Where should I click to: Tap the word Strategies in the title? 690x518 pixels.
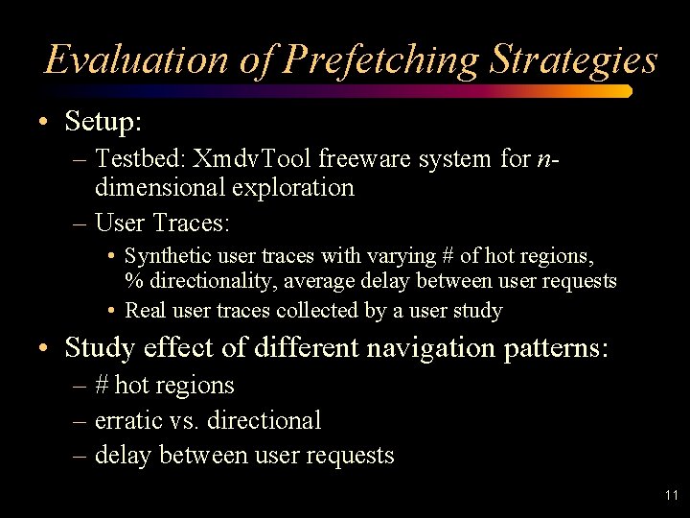point(573,60)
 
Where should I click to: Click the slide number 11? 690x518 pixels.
point(670,496)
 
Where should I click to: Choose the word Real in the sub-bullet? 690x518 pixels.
point(146,311)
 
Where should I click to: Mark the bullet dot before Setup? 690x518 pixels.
point(45,123)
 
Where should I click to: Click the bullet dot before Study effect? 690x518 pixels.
point(45,347)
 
